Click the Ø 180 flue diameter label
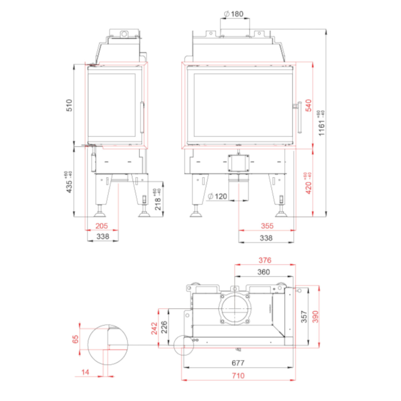point(234,14)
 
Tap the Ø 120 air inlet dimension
point(217,196)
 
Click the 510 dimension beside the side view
point(69,105)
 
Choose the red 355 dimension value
point(267,226)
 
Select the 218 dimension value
point(158,199)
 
